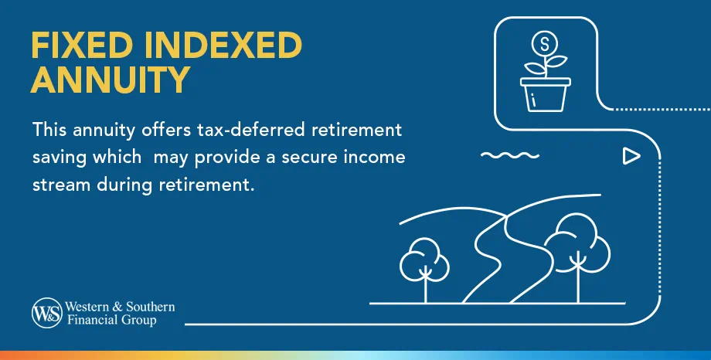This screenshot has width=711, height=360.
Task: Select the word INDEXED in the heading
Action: (x=223, y=46)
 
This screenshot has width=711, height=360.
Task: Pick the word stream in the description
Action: (x=59, y=187)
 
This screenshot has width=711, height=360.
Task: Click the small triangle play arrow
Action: (x=631, y=157)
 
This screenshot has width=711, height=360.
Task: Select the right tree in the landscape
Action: (x=575, y=247)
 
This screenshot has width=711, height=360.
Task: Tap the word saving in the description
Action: (x=59, y=158)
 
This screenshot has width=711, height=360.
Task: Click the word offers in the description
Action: (x=144, y=128)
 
